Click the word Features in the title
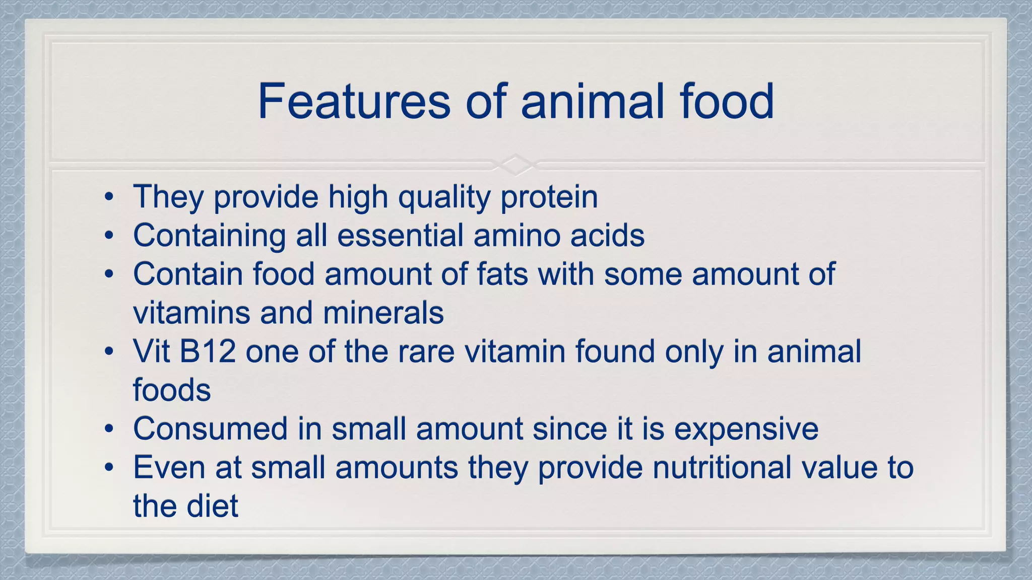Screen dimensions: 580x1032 [354, 102]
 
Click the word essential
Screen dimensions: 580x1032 [400, 236]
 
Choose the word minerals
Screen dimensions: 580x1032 [383, 313]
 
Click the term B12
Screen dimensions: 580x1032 [208, 351]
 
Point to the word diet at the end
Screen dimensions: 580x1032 [212, 506]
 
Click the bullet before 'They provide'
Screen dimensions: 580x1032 [109, 197]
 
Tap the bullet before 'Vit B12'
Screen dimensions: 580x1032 [109, 351]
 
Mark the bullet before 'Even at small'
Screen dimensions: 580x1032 [109, 468]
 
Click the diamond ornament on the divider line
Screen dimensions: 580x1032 [515, 164]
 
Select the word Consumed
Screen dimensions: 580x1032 [210, 429]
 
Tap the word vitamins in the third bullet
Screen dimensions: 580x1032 [191, 313]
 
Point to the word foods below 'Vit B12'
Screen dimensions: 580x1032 [171, 390]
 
